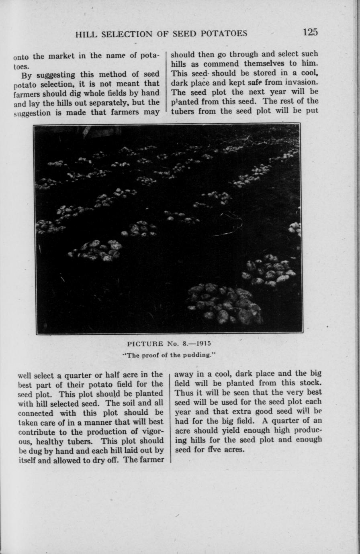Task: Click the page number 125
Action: [x=310, y=32]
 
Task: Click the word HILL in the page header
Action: [x=86, y=34]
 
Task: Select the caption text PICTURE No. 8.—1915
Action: [x=169, y=344]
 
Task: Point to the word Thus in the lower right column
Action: [x=184, y=392]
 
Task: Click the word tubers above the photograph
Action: [x=184, y=111]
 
